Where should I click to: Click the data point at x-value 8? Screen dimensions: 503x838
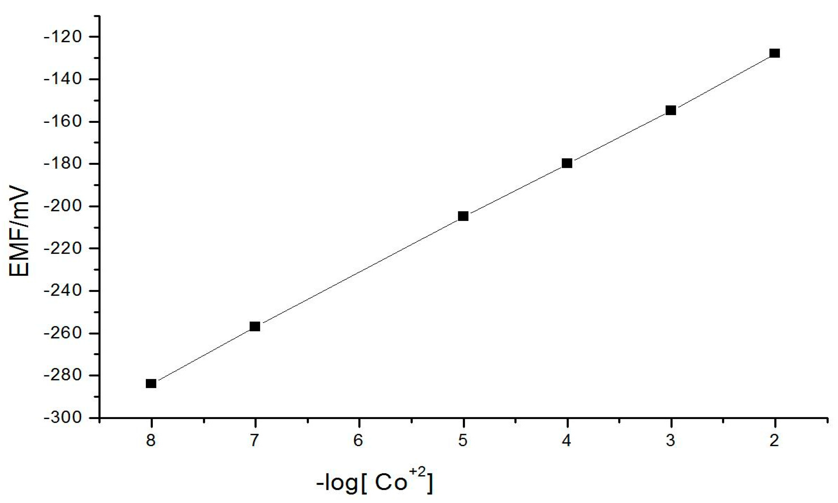click(x=151, y=383)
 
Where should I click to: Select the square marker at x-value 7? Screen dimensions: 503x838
click(x=255, y=327)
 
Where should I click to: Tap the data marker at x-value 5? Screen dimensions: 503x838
click(x=463, y=216)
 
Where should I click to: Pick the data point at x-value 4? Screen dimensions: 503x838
click(x=567, y=163)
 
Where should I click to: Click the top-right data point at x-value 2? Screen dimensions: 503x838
click(x=775, y=53)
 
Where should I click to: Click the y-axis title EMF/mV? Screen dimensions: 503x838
click(x=20, y=230)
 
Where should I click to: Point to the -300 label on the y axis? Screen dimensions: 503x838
click(x=63, y=418)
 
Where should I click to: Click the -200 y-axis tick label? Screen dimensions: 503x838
click(x=63, y=206)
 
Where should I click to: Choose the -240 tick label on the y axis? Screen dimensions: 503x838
click(x=63, y=291)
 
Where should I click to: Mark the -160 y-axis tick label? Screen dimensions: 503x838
click(x=63, y=121)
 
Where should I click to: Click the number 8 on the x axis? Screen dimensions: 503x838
click(x=151, y=441)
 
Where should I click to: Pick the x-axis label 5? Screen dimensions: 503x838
click(x=463, y=441)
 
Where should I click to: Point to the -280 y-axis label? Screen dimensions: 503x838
click(x=63, y=375)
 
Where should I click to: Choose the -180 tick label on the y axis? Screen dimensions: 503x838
click(x=63, y=164)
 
